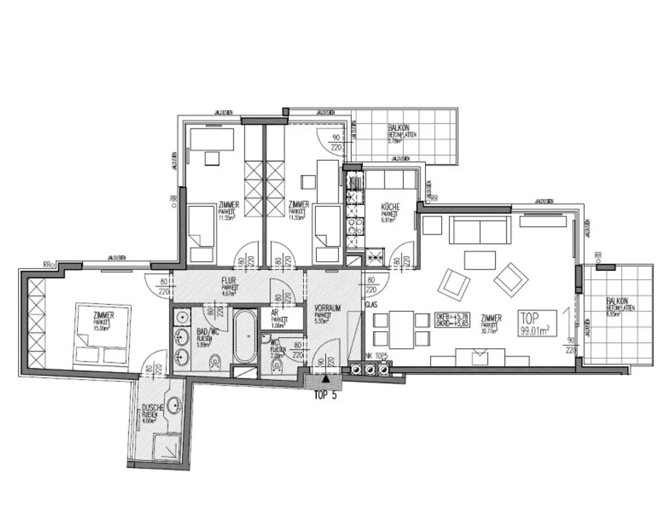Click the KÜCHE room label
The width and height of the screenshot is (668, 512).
point(390,207)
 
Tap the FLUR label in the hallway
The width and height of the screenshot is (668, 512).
point(228,281)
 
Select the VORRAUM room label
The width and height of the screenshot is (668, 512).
point(327,308)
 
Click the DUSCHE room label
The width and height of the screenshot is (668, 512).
point(152,408)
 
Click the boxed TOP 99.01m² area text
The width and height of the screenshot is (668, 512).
point(537,323)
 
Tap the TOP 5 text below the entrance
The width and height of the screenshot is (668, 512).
point(325,396)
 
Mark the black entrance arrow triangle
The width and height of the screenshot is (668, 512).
point(324,379)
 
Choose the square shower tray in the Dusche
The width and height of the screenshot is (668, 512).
point(167,446)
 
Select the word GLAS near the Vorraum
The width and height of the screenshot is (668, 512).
point(371,305)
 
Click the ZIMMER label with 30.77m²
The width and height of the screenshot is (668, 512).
point(491,318)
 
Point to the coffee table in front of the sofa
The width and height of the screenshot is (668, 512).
point(480,260)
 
